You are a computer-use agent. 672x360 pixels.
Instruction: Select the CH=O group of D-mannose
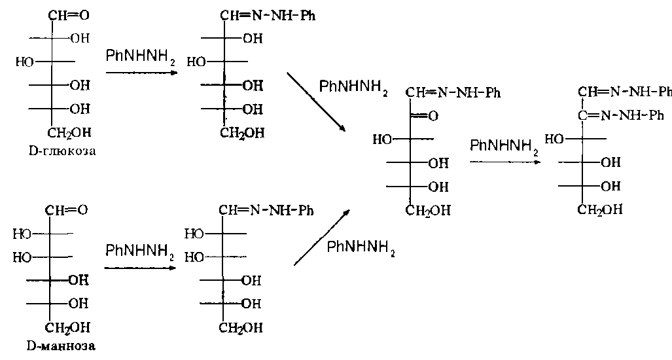pyautogui.click(x=66, y=210)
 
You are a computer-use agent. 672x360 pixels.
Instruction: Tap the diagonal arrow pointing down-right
pyautogui.click(x=317, y=102)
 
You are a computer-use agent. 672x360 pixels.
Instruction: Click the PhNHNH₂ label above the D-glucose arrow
pyautogui.click(x=139, y=58)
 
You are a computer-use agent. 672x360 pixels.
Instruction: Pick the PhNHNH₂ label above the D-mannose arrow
pyautogui.click(x=139, y=252)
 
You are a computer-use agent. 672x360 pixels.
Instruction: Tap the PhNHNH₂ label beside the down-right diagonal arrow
pyautogui.click(x=353, y=87)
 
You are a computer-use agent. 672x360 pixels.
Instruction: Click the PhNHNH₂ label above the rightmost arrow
pyautogui.click(x=504, y=146)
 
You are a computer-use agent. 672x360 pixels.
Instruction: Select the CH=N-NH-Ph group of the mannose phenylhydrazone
pyautogui.click(x=266, y=210)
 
